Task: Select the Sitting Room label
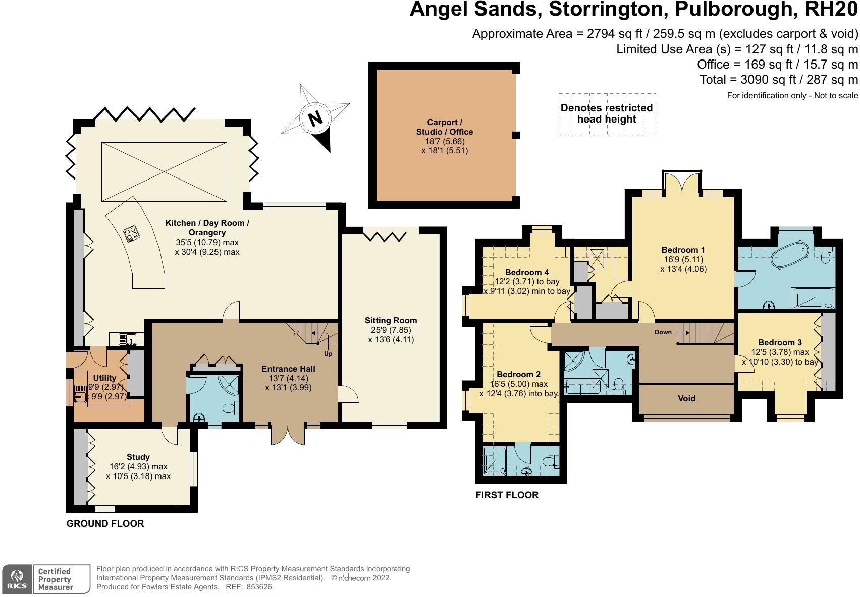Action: [x=391, y=320]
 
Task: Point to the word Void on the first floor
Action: [x=686, y=398]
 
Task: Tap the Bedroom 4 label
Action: [x=527, y=272]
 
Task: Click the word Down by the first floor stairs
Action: [x=663, y=332]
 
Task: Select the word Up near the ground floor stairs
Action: [x=328, y=354]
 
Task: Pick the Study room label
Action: [x=138, y=457]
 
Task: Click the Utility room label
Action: [x=104, y=378]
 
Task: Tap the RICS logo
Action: [x=18, y=579]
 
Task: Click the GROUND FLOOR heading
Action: [x=105, y=524]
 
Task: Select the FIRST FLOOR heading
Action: [x=507, y=495]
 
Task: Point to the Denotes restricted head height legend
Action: [x=607, y=114]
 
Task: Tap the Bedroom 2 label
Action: [x=518, y=374]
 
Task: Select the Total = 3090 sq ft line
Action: [x=778, y=80]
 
